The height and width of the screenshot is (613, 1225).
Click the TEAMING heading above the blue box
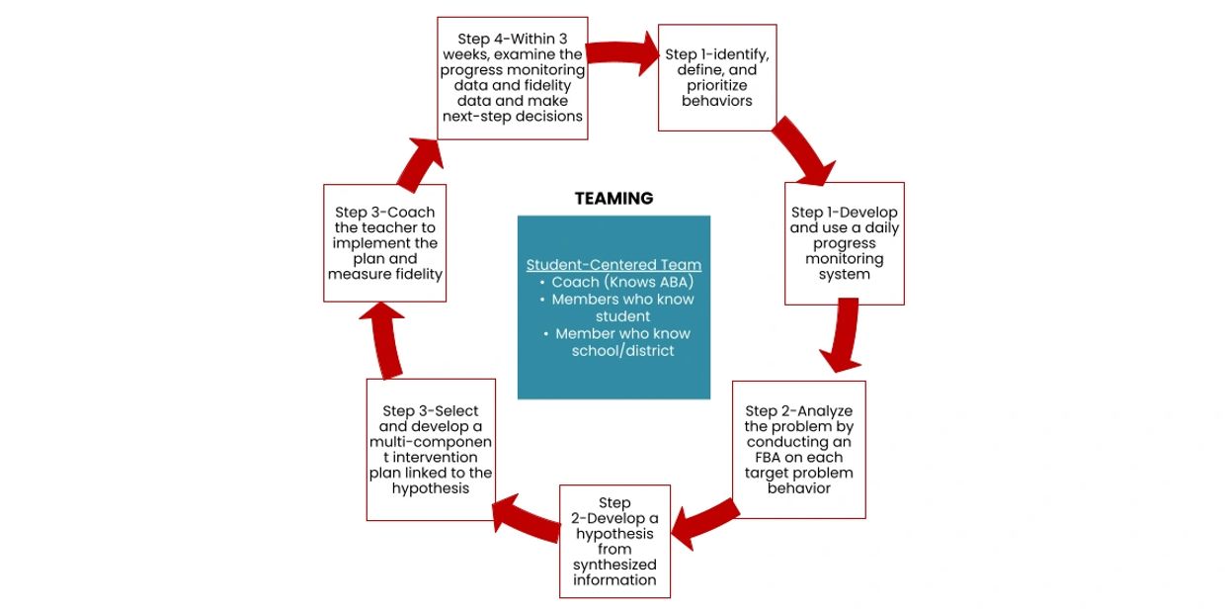pos(613,199)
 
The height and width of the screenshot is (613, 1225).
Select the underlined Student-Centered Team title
pos(613,265)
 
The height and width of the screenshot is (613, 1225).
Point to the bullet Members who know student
pos(621,307)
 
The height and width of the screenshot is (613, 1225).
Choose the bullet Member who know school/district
pos(621,342)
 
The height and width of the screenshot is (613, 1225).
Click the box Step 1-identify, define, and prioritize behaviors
pos(717,77)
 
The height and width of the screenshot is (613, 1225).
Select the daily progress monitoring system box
pos(844,243)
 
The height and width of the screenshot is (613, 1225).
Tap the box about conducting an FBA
pos(798,449)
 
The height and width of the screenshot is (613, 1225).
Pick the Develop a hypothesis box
pos(614,541)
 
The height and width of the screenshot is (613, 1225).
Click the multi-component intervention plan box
pos(430,449)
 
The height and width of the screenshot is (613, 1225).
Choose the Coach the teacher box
pos(384,243)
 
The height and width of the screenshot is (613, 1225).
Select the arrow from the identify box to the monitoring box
pos(805,151)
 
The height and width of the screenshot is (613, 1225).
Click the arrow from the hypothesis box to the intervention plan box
pos(527,518)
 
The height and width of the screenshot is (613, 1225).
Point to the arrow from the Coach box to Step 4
pos(420,159)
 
